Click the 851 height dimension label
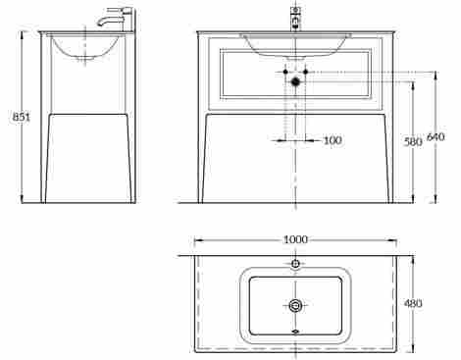(21, 117)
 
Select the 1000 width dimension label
(295, 239)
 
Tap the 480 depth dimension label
(413, 303)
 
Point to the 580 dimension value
(413, 142)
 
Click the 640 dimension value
(436, 136)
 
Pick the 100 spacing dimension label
(333, 140)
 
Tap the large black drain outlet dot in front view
(295, 81)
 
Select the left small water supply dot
(285, 72)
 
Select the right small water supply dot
(306, 72)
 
